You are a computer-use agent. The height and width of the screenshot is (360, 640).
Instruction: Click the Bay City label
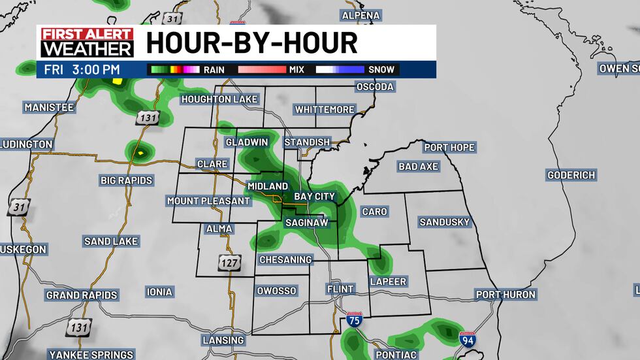pyautogui.click(x=314, y=196)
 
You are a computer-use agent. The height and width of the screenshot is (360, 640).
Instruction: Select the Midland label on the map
pyautogui.click(x=267, y=186)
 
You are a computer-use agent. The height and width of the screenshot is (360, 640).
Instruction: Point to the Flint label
pyautogui.click(x=340, y=289)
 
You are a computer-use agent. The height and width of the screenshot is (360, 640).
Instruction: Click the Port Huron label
pyautogui.click(x=505, y=295)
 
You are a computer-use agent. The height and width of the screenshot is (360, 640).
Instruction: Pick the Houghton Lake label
pyautogui.click(x=220, y=99)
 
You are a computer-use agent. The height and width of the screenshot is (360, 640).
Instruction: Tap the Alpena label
pyautogui.click(x=361, y=15)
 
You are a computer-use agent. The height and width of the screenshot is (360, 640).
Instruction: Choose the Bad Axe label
pyautogui.click(x=418, y=167)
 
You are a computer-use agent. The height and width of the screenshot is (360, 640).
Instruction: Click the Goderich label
pyautogui.click(x=571, y=175)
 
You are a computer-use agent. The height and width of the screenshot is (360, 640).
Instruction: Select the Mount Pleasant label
pyautogui.click(x=208, y=201)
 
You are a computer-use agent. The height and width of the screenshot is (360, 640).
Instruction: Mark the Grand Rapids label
pyautogui.click(x=82, y=295)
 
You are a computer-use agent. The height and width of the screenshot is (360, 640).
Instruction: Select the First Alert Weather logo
pyautogui.click(x=87, y=42)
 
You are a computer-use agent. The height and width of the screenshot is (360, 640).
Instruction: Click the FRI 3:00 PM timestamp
pyautogui.click(x=82, y=69)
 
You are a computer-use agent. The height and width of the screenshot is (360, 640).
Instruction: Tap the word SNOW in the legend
pyautogui.click(x=381, y=69)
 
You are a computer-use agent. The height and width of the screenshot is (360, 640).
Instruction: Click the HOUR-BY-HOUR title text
pyautogui.click(x=251, y=43)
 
